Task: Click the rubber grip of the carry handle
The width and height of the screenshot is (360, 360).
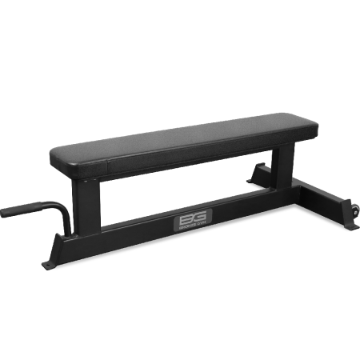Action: (19, 212)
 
